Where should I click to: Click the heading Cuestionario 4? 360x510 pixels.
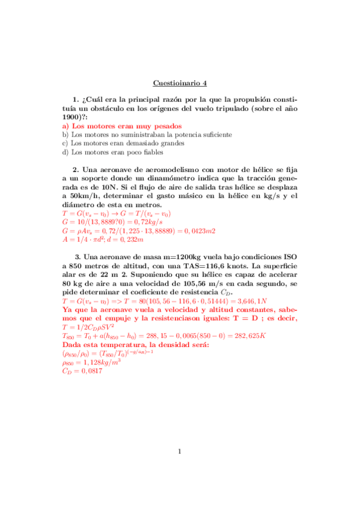(x=180, y=83)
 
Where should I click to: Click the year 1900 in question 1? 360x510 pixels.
(x=74, y=117)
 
